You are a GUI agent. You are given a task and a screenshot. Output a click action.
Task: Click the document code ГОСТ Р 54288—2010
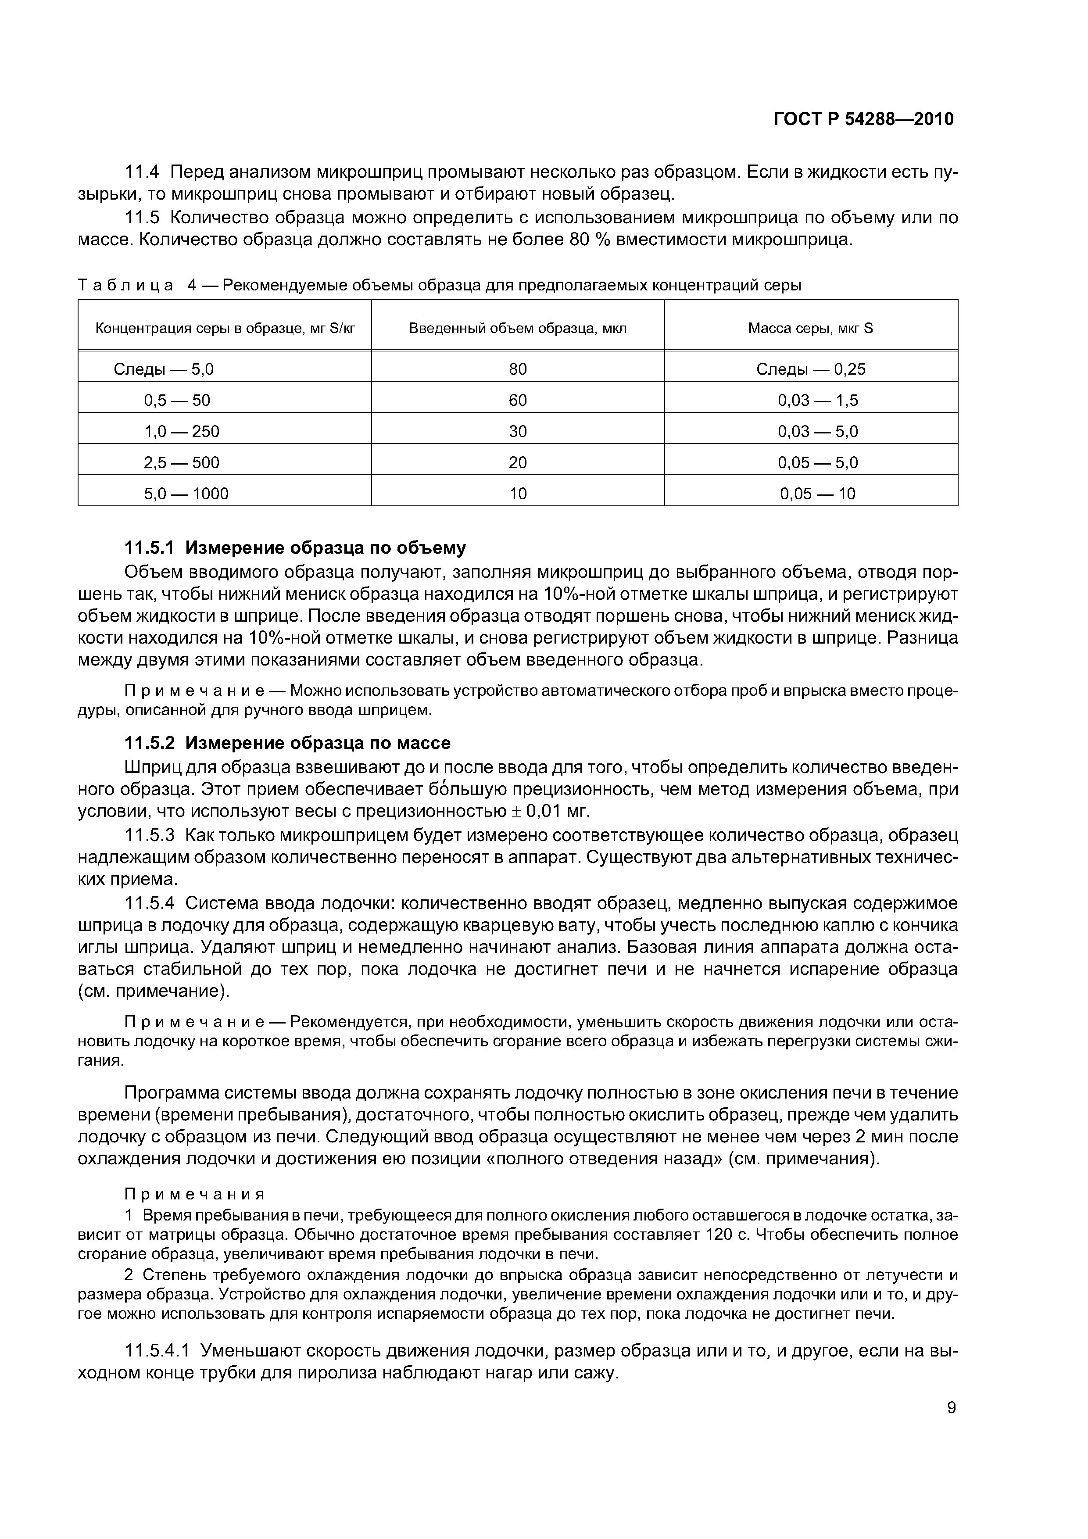863,119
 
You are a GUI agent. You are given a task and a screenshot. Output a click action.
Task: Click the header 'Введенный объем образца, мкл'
518,329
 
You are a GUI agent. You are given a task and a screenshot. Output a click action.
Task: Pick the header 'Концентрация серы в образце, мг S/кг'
225,329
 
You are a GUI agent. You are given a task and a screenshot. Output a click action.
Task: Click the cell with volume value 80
518,369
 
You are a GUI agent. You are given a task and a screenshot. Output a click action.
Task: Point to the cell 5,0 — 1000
186,494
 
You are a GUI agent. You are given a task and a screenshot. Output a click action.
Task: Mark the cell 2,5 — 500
182,462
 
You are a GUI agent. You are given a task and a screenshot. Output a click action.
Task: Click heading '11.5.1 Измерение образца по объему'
295,548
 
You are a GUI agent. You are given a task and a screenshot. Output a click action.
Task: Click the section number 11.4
142,172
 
